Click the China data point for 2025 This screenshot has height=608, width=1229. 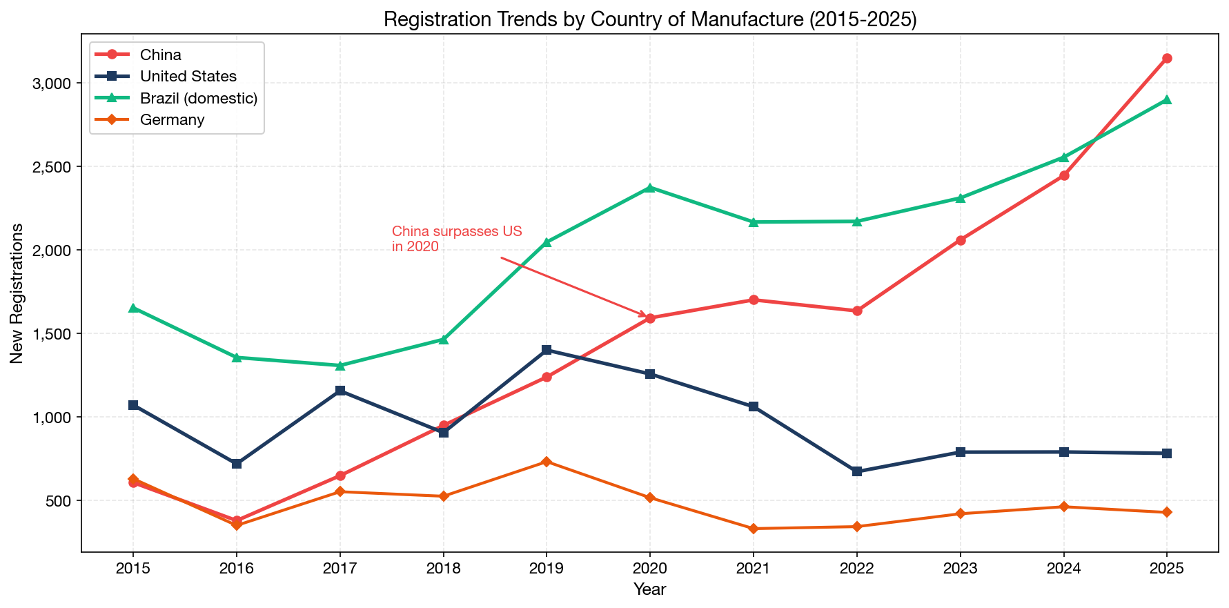1167,58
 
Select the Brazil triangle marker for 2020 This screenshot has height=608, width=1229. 650,188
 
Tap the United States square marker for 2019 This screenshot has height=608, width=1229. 547,350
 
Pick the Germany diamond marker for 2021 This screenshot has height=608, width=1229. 754,529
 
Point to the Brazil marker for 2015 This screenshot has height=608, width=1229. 133,308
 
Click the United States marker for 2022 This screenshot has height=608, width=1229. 857,471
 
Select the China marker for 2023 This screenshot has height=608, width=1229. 961,240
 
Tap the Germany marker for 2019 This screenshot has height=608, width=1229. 547,461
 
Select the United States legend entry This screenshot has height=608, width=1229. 188,77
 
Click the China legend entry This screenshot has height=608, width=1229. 161,55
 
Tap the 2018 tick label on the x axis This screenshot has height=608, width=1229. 443,569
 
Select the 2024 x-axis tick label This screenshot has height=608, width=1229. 1063,569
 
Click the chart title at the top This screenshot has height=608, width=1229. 649,19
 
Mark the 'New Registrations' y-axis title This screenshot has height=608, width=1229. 17,293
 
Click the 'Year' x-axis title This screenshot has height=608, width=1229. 649,589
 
